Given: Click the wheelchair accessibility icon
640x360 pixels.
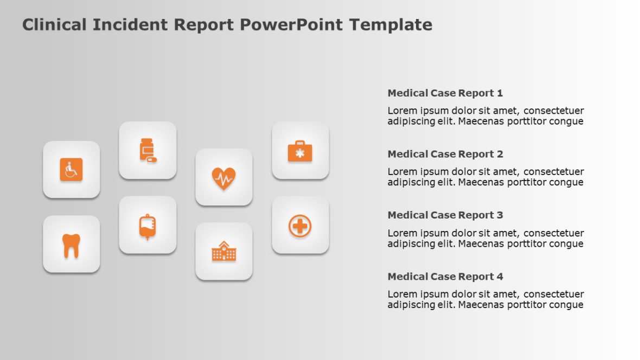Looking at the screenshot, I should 71,170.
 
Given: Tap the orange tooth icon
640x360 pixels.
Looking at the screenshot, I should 71,245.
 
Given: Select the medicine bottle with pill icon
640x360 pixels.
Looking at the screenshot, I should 148,150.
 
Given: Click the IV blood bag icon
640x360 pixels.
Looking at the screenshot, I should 148,226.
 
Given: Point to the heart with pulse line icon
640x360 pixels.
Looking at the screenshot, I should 223,178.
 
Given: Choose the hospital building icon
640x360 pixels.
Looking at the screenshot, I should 223,252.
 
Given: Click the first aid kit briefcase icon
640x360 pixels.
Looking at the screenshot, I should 300,151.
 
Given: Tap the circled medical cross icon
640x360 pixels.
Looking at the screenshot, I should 300,226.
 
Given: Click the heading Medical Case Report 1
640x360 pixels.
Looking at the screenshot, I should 445,93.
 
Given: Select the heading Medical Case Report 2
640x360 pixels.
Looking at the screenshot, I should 445,154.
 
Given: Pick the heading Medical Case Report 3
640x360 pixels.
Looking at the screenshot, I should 445,215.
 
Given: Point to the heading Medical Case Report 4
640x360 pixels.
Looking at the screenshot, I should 445,277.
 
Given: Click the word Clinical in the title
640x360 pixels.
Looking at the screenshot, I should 54,25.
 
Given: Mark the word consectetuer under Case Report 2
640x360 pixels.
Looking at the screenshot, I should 554,172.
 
